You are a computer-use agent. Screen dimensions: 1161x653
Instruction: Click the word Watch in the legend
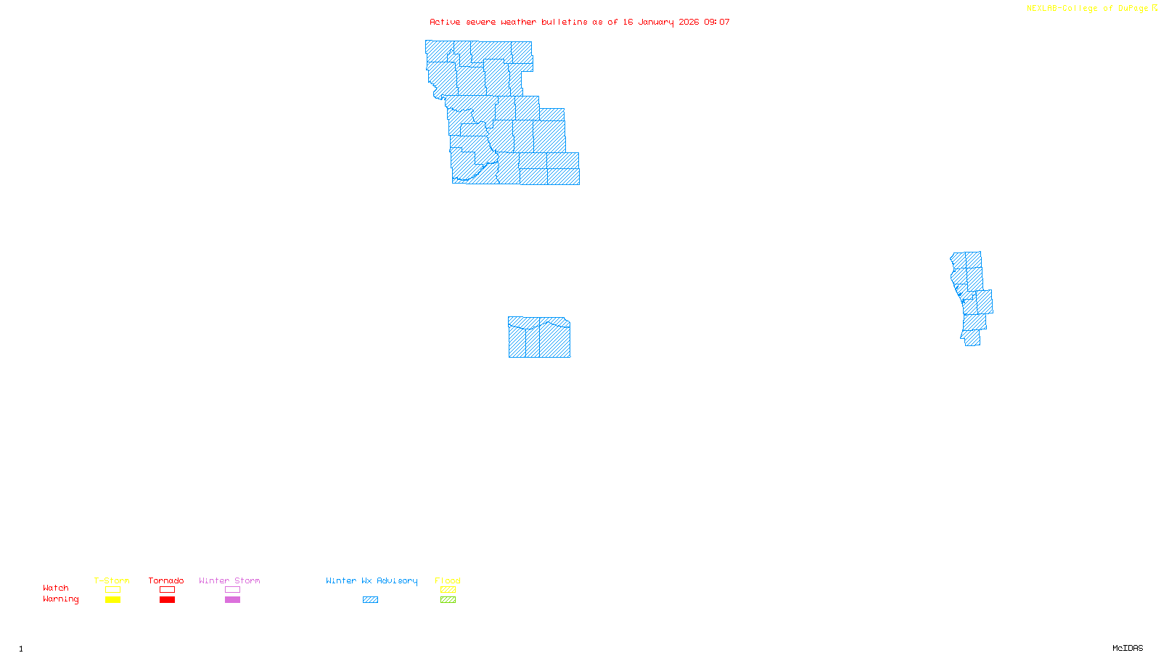tap(56, 588)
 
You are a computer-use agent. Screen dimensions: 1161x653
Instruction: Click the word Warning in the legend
tap(60, 599)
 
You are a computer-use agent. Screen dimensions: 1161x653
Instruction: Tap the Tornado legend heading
tap(166, 580)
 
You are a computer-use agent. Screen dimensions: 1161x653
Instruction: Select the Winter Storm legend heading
tap(229, 580)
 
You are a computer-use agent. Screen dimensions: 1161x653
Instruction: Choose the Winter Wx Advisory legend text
tap(372, 580)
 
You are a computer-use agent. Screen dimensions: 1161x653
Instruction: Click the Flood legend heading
tap(448, 580)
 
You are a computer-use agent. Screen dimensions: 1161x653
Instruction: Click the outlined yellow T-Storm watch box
tap(112, 590)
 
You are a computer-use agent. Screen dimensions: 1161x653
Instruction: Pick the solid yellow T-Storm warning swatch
tap(112, 600)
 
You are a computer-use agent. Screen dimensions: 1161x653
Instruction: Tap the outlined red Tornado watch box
tap(167, 590)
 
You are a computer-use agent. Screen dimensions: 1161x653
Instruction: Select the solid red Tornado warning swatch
tap(167, 600)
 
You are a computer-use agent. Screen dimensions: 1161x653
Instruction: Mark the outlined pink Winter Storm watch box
tap(232, 590)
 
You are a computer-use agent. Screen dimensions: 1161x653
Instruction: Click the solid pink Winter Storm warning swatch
tap(232, 600)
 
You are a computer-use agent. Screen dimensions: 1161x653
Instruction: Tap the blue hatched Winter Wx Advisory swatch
tap(370, 600)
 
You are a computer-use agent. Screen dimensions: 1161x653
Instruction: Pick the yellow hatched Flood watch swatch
tap(448, 590)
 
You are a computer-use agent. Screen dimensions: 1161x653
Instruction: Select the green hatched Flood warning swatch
tap(448, 600)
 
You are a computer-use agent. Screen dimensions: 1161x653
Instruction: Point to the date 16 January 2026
tap(660, 22)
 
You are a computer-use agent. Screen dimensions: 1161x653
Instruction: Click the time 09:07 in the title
tap(717, 22)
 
